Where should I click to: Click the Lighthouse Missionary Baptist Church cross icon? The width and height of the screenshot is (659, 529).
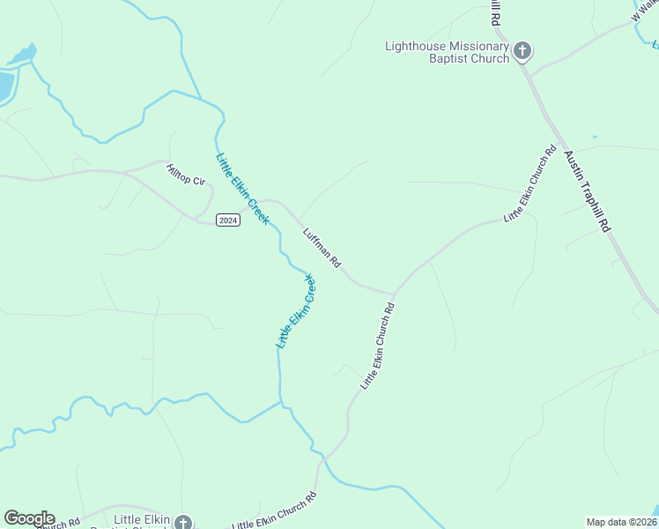(x=522, y=51)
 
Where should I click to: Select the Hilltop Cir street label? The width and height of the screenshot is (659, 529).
(x=185, y=174)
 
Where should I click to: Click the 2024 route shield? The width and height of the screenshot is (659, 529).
(x=227, y=220)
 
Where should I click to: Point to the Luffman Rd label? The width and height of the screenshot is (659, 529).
(x=322, y=249)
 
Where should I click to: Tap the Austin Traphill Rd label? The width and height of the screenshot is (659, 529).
(x=588, y=190)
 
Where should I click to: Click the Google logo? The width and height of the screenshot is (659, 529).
(x=29, y=518)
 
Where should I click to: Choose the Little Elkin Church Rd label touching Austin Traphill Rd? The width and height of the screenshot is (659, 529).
(x=530, y=183)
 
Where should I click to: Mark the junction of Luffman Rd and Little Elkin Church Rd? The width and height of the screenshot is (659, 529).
(x=394, y=294)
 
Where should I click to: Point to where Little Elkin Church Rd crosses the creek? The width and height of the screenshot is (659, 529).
(x=323, y=458)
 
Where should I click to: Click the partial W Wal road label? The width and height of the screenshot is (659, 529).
(x=645, y=11)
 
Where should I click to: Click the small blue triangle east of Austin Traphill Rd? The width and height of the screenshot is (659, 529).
(x=595, y=137)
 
